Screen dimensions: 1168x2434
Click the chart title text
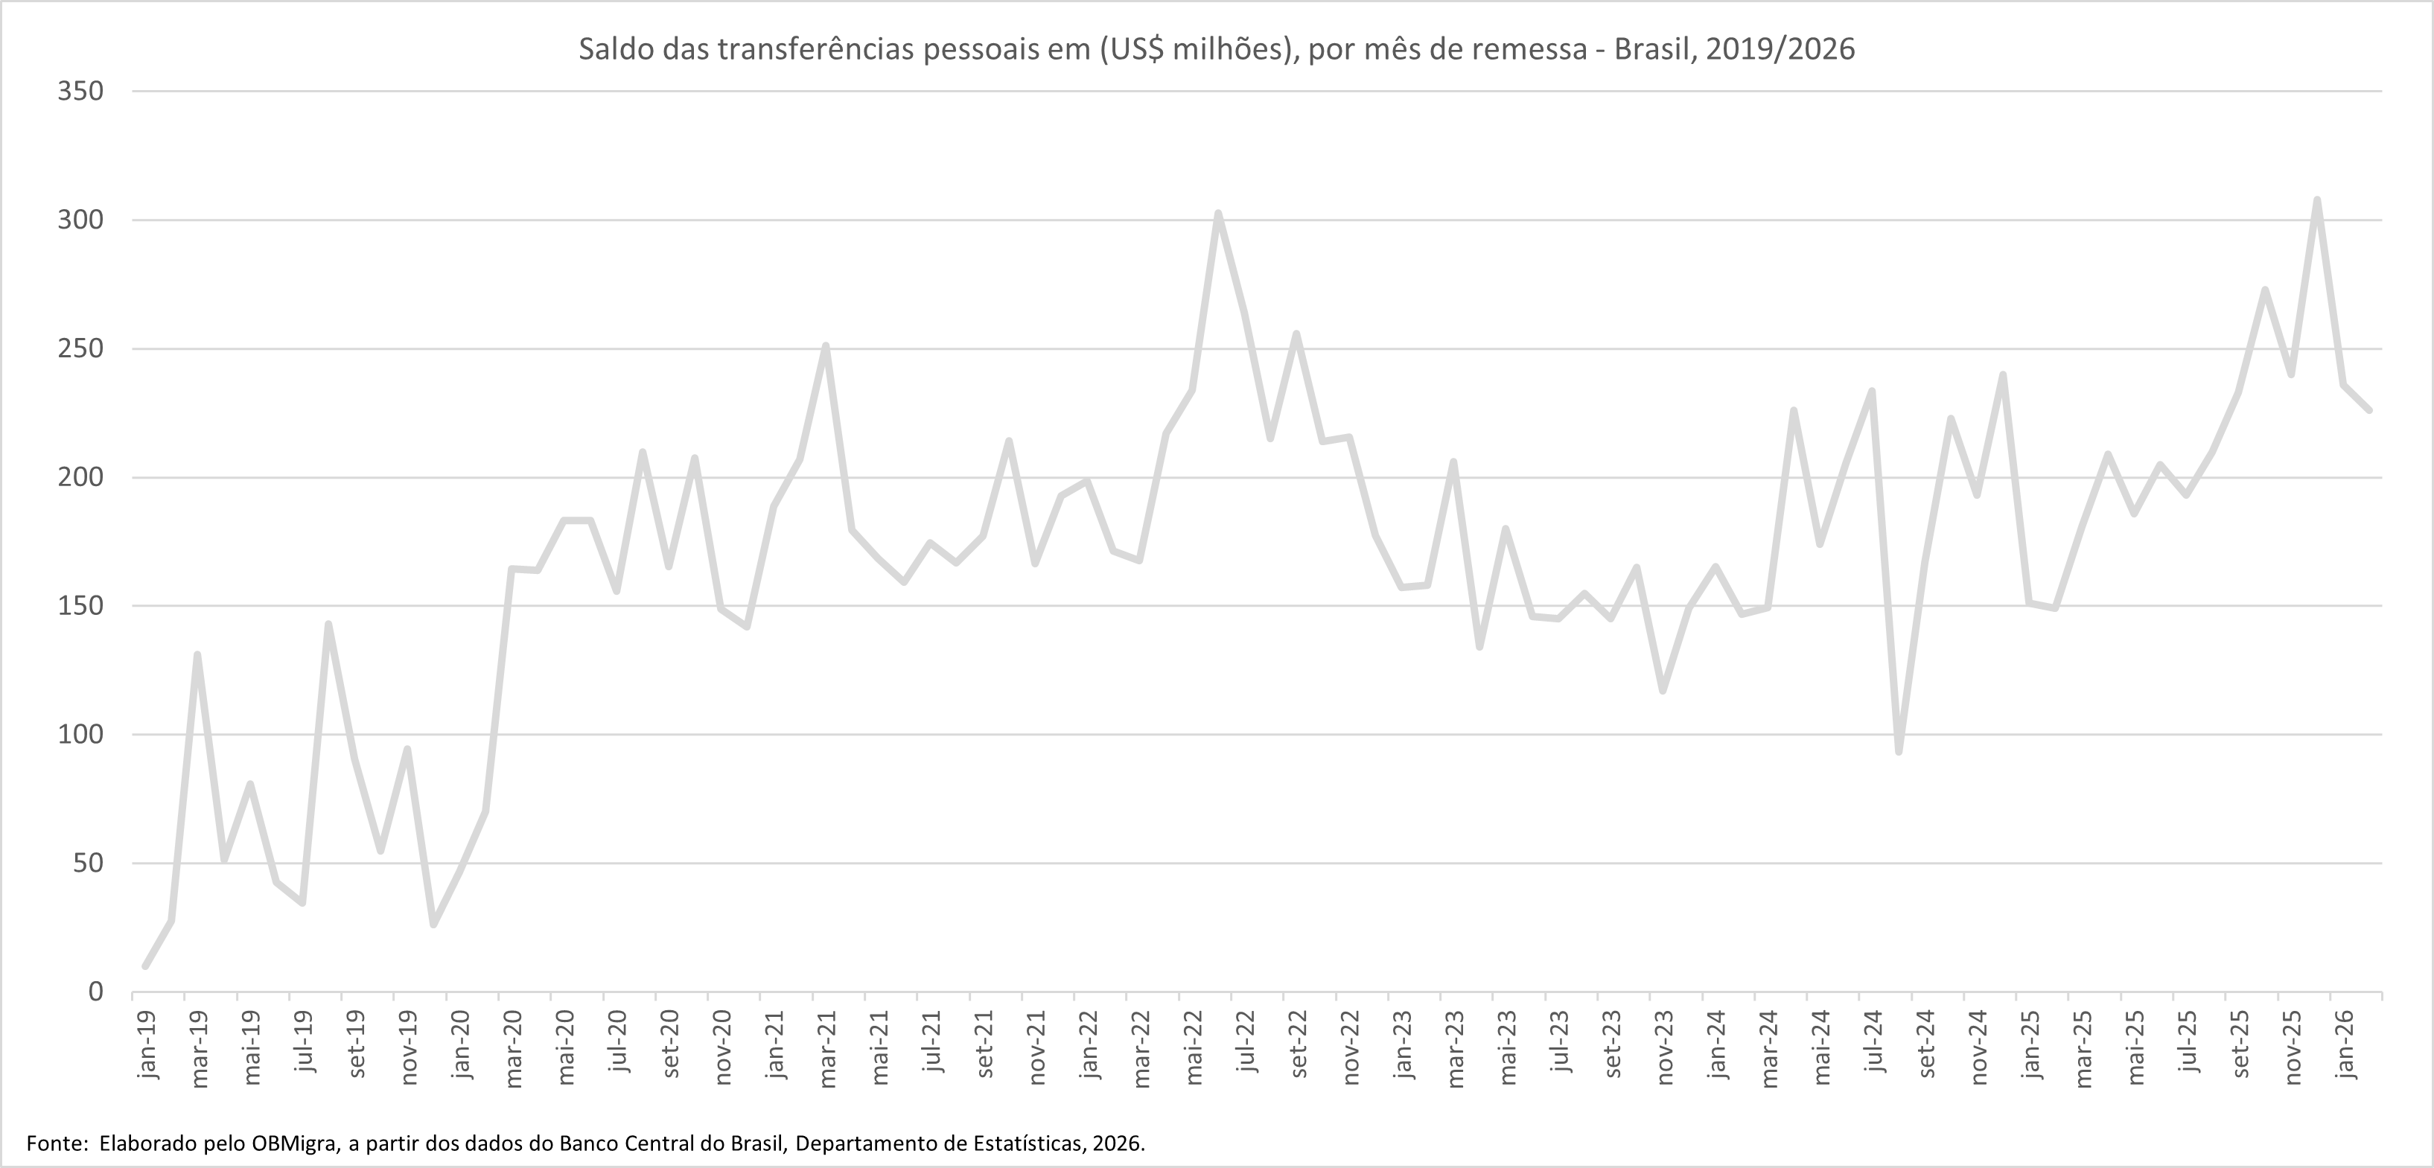coord(1217,49)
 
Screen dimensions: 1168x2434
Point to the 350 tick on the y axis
coord(80,92)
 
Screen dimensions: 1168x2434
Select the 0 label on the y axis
coord(95,992)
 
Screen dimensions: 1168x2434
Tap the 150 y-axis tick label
coord(80,606)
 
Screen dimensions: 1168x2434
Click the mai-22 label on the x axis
coord(1194,1048)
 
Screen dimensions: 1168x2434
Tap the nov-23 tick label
coord(1665,1048)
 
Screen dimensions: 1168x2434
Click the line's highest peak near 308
coord(2317,200)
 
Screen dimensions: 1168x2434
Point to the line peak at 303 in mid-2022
coord(1218,213)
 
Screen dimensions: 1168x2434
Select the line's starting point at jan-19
coord(144,966)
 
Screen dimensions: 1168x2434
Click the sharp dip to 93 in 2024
coord(1898,752)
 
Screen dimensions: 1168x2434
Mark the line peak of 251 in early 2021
coord(826,346)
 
